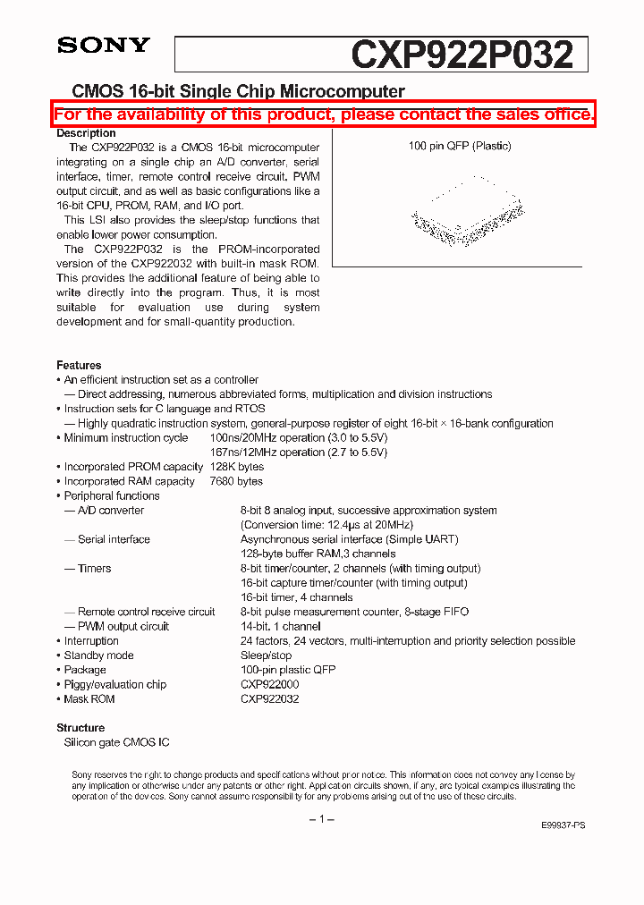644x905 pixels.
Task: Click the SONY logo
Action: point(104,46)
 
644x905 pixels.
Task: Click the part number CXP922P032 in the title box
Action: point(462,55)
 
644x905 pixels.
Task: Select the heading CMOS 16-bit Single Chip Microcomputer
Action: point(238,91)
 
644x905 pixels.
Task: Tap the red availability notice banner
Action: point(323,114)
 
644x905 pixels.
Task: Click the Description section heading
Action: point(86,133)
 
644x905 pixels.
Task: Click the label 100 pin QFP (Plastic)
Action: point(460,146)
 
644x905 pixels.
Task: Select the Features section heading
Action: point(79,365)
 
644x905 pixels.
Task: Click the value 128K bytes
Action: point(237,467)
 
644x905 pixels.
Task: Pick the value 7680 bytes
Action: point(236,481)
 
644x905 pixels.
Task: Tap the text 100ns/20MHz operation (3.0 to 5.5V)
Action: point(298,438)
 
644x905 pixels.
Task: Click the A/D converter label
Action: point(110,511)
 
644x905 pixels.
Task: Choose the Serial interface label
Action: point(114,539)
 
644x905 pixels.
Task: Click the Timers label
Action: point(94,569)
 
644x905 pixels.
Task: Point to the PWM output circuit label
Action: point(123,627)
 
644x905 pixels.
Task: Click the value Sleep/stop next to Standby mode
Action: point(266,655)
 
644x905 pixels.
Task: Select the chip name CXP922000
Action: point(269,684)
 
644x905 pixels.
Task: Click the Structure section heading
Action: point(80,728)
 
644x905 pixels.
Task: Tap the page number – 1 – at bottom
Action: point(321,820)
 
